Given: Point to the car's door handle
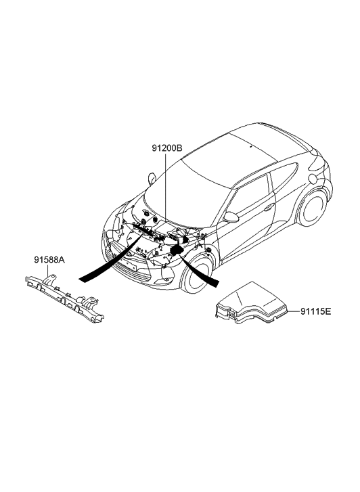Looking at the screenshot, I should (269, 208).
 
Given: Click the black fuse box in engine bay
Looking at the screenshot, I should (178, 250).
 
